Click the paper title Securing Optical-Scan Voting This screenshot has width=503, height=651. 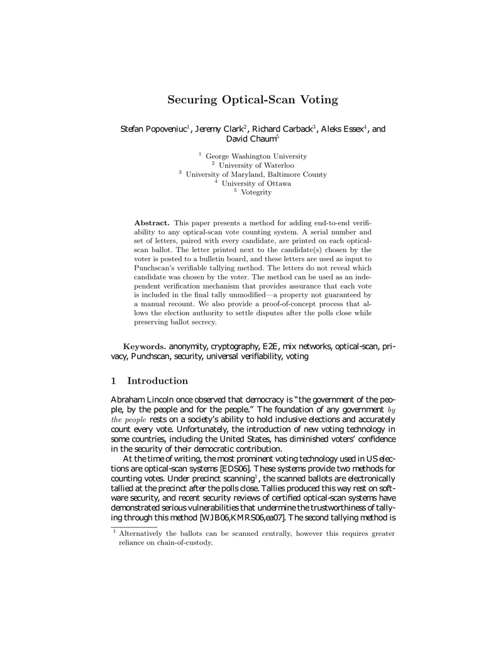pos(252,99)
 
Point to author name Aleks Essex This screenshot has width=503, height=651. pos(341,130)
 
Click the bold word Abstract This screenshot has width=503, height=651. pos(152,223)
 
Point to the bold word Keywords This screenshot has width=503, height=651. pos(145,346)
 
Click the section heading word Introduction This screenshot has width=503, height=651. pos(157,381)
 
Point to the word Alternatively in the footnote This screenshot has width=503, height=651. pos(146,534)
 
